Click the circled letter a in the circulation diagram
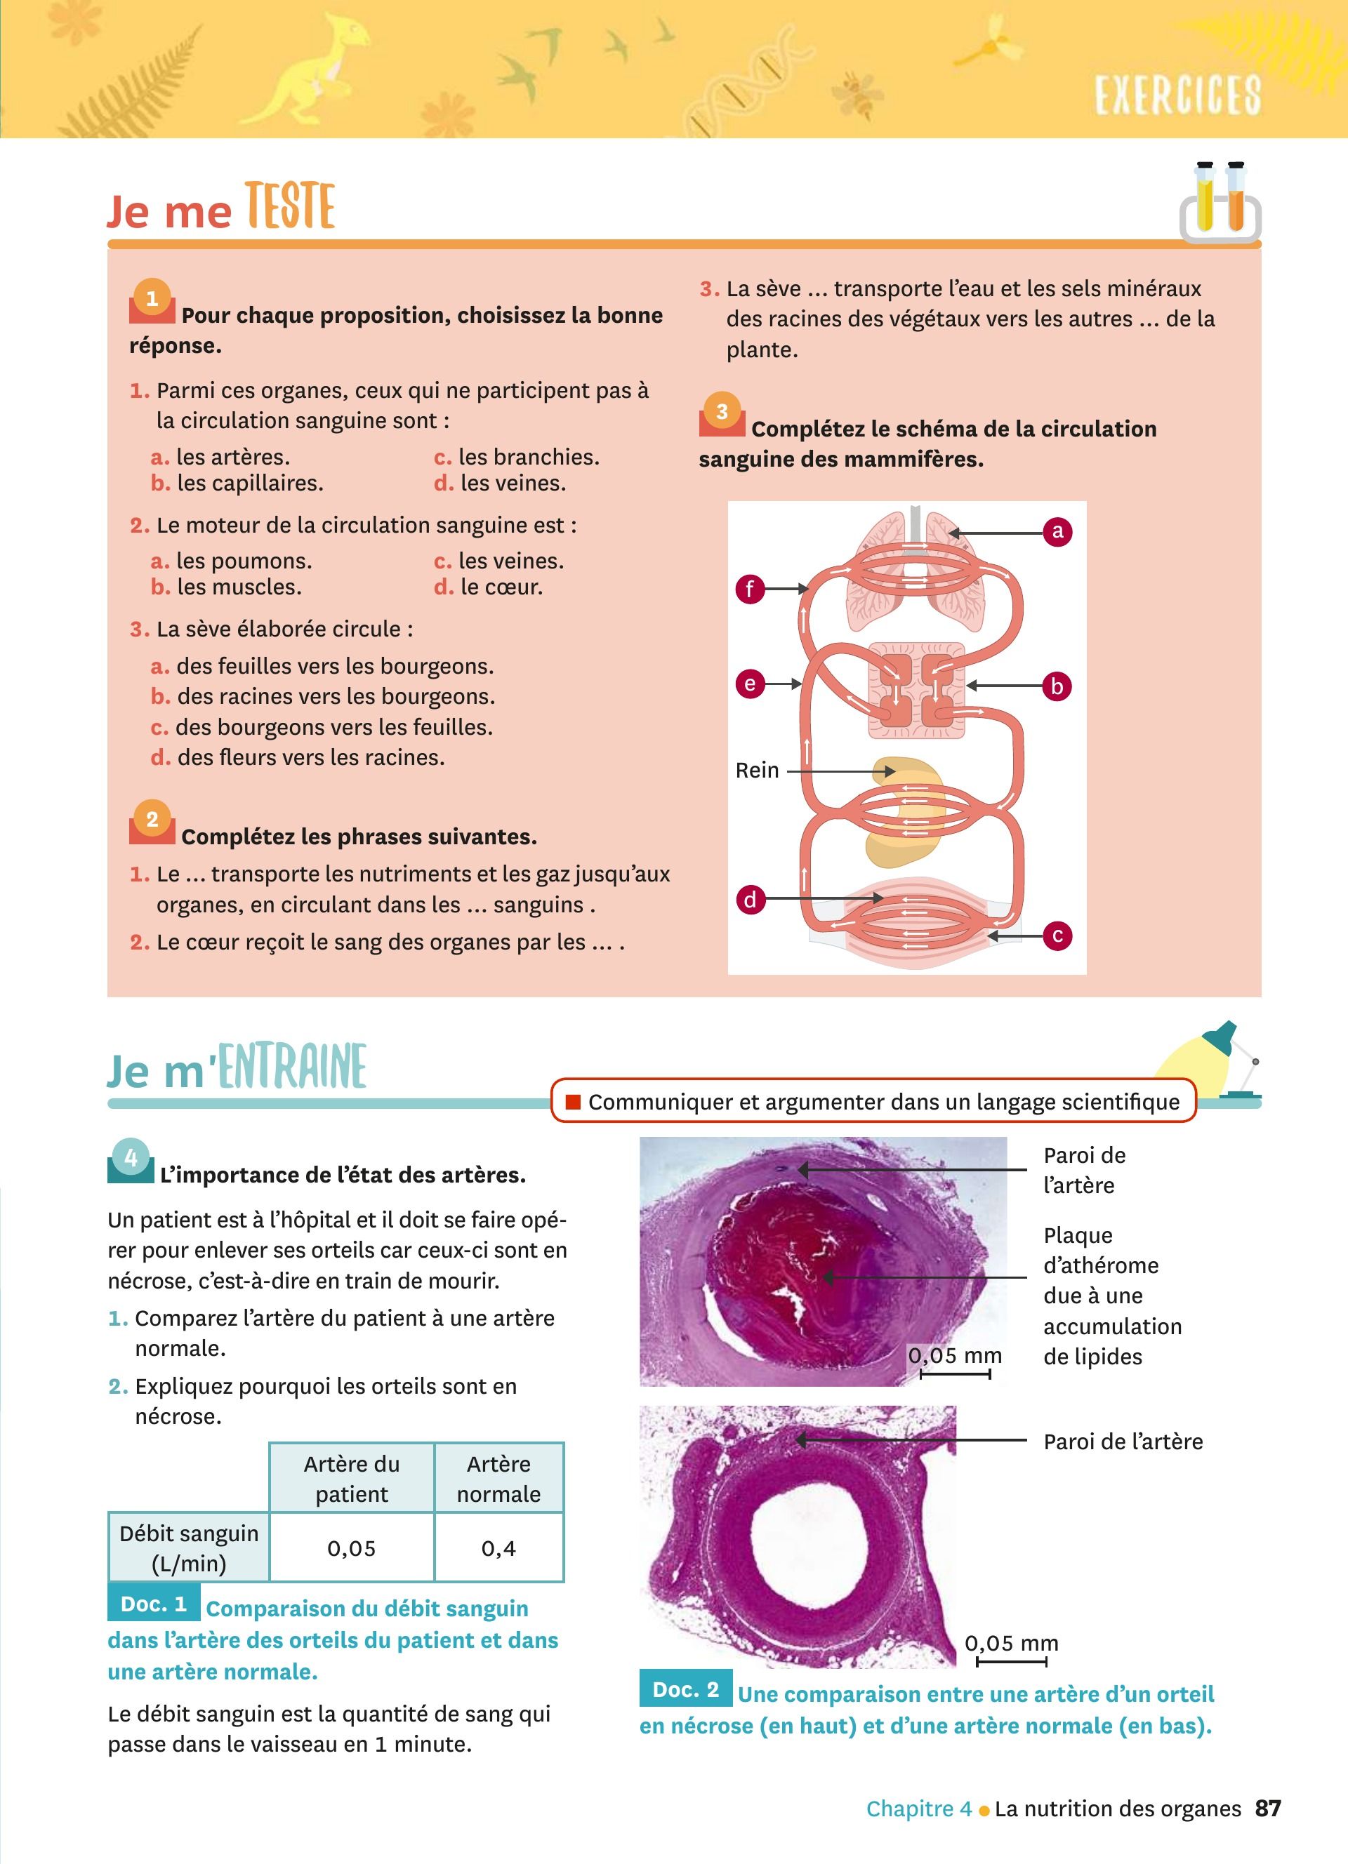click(x=1057, y=532)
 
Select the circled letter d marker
click(x=750, y=899)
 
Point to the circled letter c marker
click(x=1057, y=936)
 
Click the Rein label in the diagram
click(x=757, y=770)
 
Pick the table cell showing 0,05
click(x=351, y=1548)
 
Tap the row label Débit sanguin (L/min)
click(x=188, y=1548)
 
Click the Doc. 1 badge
click(x=154, y=1604)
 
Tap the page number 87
click(x=1268, y=1808)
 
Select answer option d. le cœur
click(x=501, y=587)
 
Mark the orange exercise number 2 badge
click(x=152, y=820)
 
